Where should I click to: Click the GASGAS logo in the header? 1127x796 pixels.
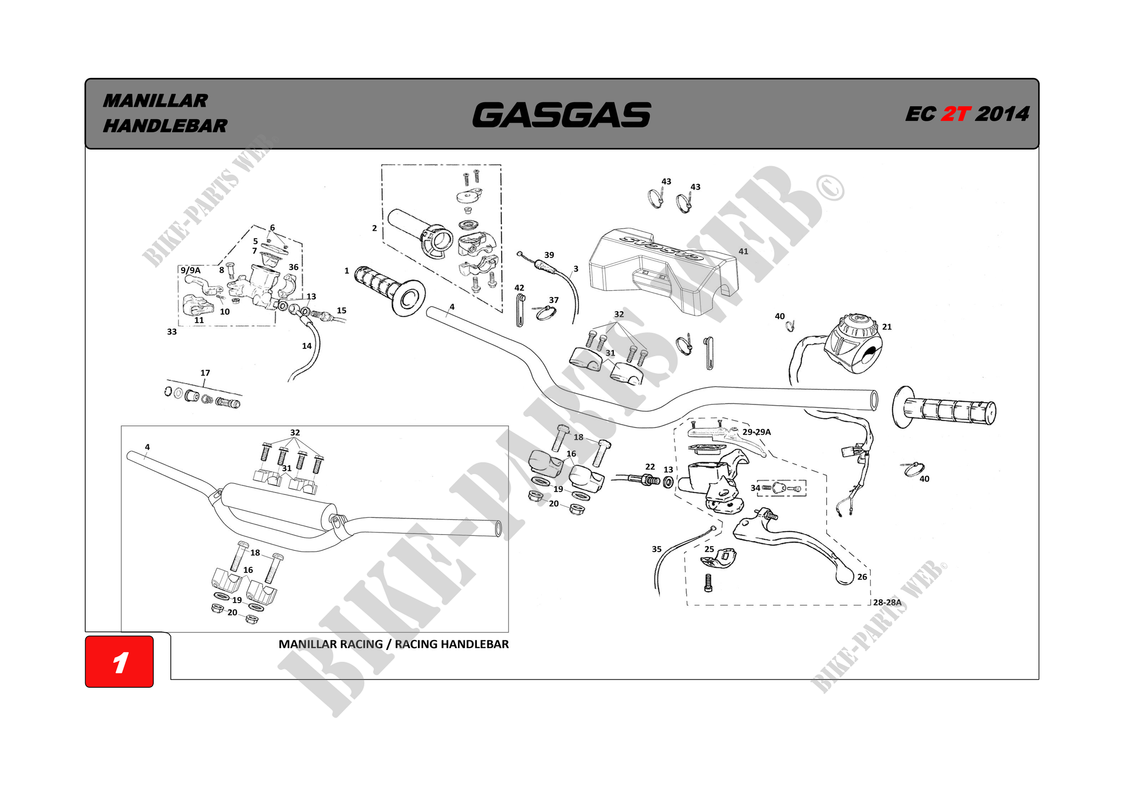[562, 115]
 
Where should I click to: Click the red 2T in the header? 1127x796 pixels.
[955, 114]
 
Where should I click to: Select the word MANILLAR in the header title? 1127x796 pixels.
[155, 101]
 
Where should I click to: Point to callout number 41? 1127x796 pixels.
[743, 251]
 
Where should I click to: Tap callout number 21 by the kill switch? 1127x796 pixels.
[886, 327]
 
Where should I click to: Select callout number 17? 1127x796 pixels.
[205, 373]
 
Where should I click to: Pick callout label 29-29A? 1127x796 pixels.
[756, 432]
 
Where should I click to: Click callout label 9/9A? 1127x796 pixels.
[190, 270]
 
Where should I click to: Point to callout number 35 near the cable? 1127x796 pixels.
[656, 549]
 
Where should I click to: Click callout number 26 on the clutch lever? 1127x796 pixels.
[862, 576]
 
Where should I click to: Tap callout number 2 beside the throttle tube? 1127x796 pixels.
[375, 228]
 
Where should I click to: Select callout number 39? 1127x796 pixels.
[549, 255]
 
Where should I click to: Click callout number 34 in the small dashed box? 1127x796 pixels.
[755, 488]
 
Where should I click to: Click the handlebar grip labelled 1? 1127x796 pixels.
[388, 289]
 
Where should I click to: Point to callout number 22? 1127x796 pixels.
[650, 467]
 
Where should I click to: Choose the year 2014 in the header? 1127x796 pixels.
[1002, 114]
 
